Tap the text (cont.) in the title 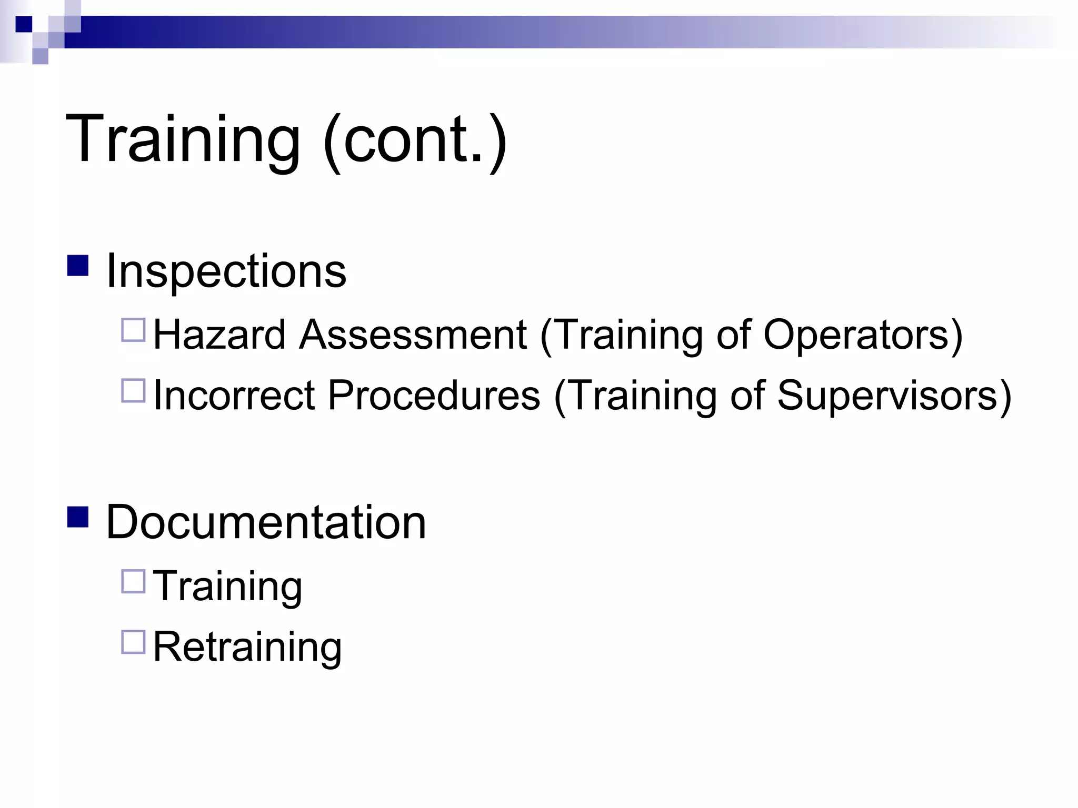(x=415, y=140)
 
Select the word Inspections (x=226, y=271)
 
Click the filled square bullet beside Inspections (x=78, y=266)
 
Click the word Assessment (x=413, y=335)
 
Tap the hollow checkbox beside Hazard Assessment (x=133, y=330)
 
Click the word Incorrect (x=234, y=395)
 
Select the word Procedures (x=434, y=395)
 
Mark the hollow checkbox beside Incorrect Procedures (x=133, y=391)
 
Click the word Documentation (x=266, y=522)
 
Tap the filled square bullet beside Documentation (x=78, y=517)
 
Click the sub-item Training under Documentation (x=227, y=586)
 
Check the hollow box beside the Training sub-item (x=133, y=582)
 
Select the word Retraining (x=247, y=647)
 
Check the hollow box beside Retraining (x=133, y=642)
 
